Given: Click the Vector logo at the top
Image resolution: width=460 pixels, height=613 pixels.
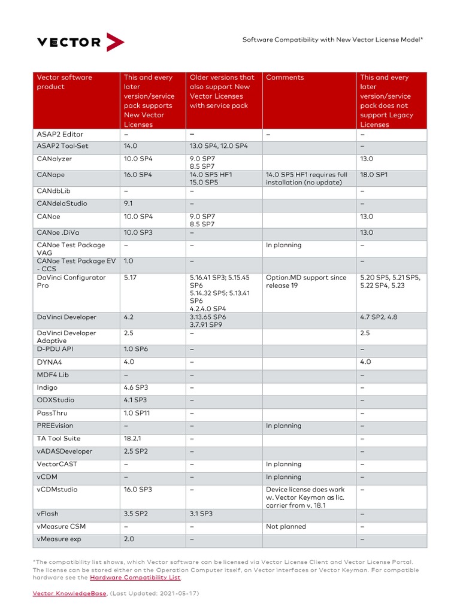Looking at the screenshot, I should tap(81, 42).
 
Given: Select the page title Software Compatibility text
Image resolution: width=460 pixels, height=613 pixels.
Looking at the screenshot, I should tap(332, 40).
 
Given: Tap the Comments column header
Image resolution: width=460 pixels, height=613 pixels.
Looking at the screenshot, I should tap(285, 77).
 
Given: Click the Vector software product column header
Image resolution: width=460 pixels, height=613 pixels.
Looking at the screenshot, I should tap(65, 82).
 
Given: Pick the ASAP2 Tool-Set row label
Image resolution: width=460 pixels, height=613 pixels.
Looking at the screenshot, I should tap(62, 146).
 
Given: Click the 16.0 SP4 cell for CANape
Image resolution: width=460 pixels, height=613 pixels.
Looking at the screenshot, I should tap(138, 175).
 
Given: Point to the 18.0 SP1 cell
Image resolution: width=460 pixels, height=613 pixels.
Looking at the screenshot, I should tap(374, 175).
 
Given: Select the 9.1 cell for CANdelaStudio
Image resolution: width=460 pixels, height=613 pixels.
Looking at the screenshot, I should tap(129, 204).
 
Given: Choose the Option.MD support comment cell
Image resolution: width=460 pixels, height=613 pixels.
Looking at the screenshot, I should tap(306, 281).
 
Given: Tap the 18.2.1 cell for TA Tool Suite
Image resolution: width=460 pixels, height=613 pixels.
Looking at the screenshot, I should tap(134, 438).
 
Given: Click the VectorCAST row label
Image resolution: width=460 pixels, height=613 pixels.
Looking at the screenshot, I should tap(57, 464).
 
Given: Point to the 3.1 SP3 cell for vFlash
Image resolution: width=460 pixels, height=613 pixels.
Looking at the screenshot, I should tap(201, 514).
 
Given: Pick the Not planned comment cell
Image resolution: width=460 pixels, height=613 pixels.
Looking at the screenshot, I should tap(286, 527).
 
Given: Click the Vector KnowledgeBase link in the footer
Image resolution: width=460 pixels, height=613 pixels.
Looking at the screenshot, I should tap(69, 593).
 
